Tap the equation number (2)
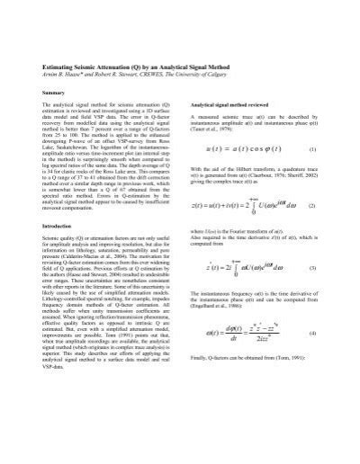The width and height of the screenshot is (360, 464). pos(311,231)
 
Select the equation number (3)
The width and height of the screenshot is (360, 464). pos(311,295)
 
